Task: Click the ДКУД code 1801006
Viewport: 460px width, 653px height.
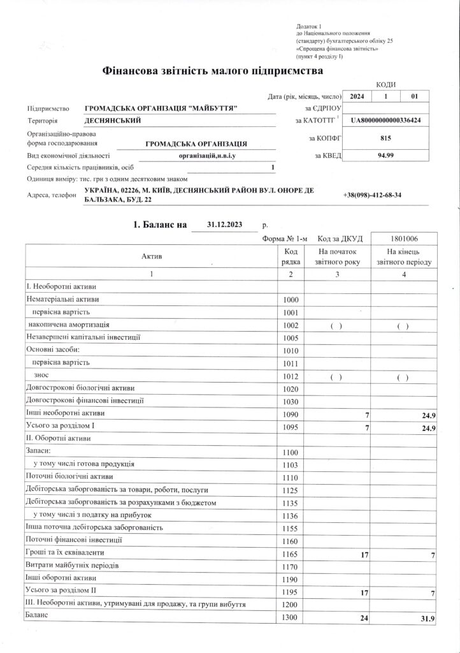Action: tap(403, 238)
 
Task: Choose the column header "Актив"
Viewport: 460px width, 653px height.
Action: tap(152, 256)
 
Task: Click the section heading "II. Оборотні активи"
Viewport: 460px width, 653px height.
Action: tap(59, 439)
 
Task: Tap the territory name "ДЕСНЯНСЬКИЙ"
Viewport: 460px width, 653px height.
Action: tap(113, 121)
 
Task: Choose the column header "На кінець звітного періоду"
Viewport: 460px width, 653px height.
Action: tap(405, 256)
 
